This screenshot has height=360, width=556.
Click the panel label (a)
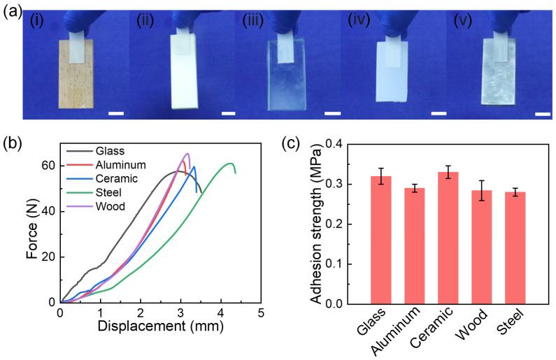(x=10, y=13)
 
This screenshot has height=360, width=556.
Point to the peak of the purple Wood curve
(x=187, y=153)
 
